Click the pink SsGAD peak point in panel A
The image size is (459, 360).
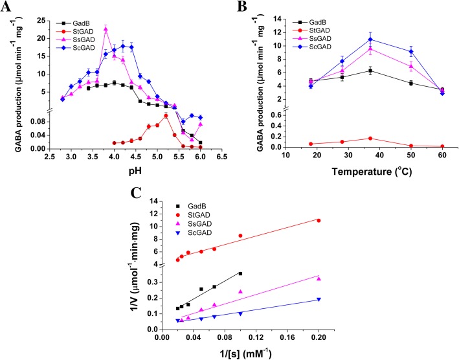[106, 28]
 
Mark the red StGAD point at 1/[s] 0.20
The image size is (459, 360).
[319, 221]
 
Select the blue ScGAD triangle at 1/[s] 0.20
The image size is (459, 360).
[319, 299]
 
